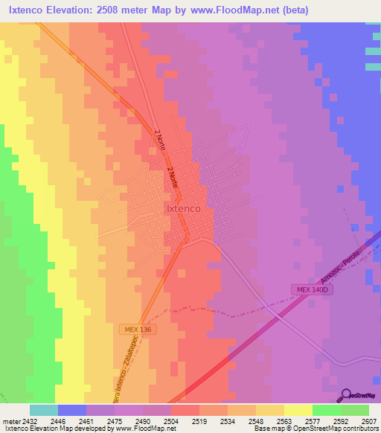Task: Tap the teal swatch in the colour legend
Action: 44,410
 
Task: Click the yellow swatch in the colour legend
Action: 298,410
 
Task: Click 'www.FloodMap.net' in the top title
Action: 230,10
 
